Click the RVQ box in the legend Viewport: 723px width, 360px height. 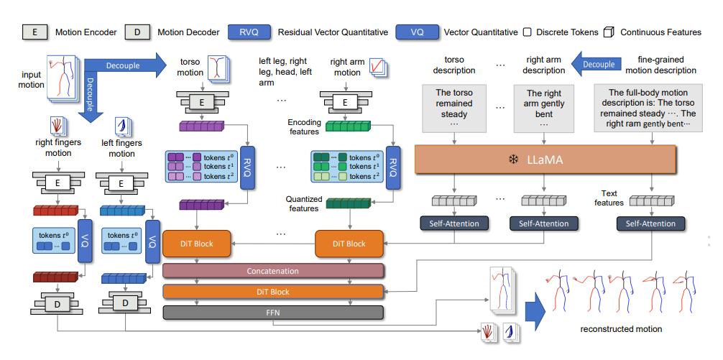tap(249, 32)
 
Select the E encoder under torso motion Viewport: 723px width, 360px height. tap(202, 103)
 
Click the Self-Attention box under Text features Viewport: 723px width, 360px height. tap(650, 223)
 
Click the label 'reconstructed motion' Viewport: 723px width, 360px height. tap(621, 329)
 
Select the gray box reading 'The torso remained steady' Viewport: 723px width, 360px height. tap(453, 108)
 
